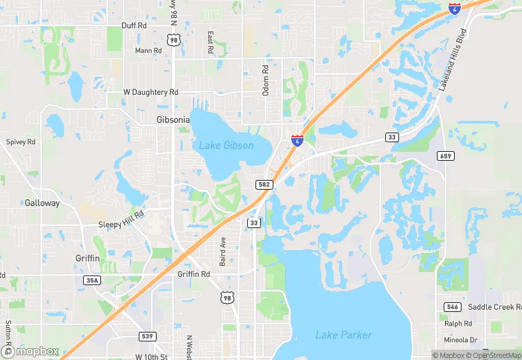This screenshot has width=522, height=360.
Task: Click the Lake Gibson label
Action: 226,146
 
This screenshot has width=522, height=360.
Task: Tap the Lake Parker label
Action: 343,335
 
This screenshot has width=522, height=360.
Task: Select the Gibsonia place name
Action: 168,120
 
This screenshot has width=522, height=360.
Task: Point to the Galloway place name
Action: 43,203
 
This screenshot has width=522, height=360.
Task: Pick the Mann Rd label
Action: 148,51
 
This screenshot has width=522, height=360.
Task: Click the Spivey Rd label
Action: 20,142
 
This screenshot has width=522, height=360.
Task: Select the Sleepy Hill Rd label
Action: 121,215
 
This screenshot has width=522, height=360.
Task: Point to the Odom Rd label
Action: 265,80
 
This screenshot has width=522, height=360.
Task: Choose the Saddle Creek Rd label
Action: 493,307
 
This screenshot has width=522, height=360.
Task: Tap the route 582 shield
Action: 265,185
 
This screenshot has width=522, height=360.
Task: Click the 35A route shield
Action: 91,280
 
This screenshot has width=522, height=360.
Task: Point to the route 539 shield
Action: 146,336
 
